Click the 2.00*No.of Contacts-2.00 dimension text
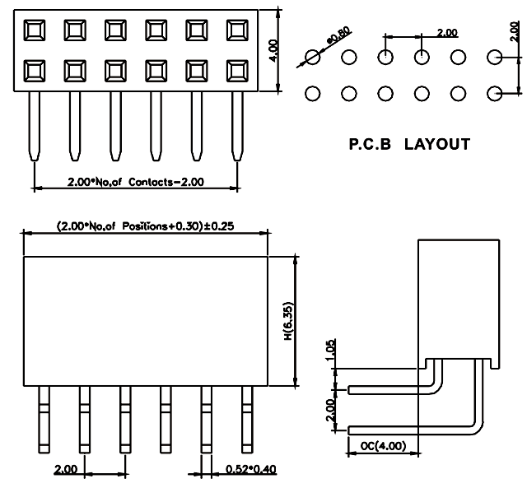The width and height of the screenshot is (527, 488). tap(136, 181)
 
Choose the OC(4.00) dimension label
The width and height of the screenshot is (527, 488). tap(383, 447)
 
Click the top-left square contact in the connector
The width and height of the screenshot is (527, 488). tap(35, 30)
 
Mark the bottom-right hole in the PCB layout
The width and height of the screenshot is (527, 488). tap(495, 93)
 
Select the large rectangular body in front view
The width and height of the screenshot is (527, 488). tap(145, 321)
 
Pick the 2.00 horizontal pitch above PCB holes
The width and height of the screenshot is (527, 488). tap(447, 32)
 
